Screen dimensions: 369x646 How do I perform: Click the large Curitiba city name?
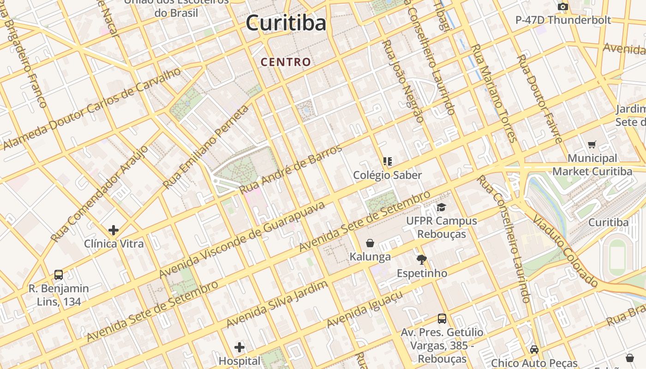tap(286, 23)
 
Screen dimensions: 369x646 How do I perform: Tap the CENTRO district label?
tap(286, 62)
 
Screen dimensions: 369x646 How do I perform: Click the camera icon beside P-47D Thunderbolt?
tap(562, 6)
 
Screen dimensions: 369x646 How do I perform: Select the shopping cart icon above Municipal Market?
tap(592, 144)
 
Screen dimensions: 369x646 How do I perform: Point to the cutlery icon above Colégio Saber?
tap(388, 161)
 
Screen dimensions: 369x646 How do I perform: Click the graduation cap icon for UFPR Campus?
tap(442, 207)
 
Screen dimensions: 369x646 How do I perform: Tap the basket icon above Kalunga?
tap(370, 243)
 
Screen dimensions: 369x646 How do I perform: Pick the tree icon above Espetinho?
tap(422, 259)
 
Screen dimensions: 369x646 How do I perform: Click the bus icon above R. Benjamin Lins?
tap(59, 274)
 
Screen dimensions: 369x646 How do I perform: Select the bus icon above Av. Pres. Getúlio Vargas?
tap(442, 318)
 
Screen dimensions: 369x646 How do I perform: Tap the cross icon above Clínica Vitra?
tap(114, 230)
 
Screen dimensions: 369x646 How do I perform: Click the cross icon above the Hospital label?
tap(239, 347)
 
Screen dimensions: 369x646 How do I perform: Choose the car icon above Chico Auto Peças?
tap(534, 349)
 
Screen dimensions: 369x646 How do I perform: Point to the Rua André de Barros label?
tap(291, 169)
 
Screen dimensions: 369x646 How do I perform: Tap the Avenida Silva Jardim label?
tap(277, 304)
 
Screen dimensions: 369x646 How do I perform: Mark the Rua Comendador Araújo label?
tap(100, 194)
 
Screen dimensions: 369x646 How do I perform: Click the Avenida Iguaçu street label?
tap(365, 309)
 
